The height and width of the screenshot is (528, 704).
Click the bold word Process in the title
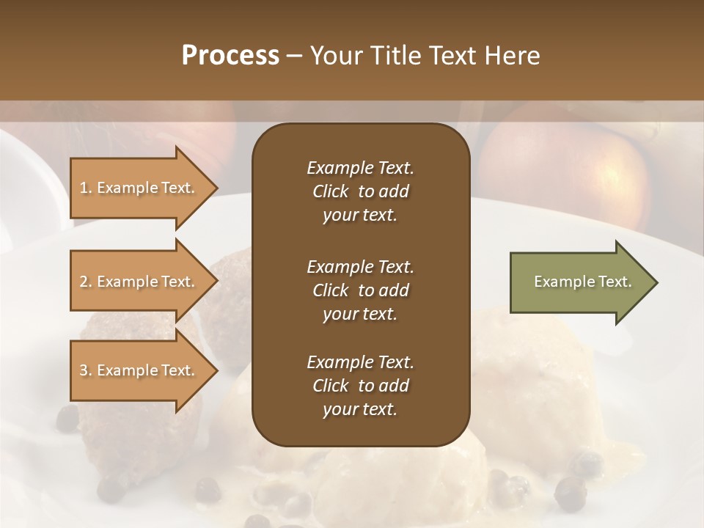click(x=230, y=56)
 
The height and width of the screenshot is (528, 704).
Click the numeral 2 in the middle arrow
click(x=83, y=282)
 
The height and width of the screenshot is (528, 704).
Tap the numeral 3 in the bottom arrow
click(x=83, y=370)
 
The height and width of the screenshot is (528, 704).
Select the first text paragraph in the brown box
click(x=360, y=191)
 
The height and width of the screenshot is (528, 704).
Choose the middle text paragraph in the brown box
click(x=360, y=290)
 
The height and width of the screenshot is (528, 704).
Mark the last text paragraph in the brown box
click(x=360, y=386)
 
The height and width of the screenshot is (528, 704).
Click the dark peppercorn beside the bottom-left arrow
click(x=67, y=419)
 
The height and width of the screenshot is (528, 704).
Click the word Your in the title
click(x=334, y=56)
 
